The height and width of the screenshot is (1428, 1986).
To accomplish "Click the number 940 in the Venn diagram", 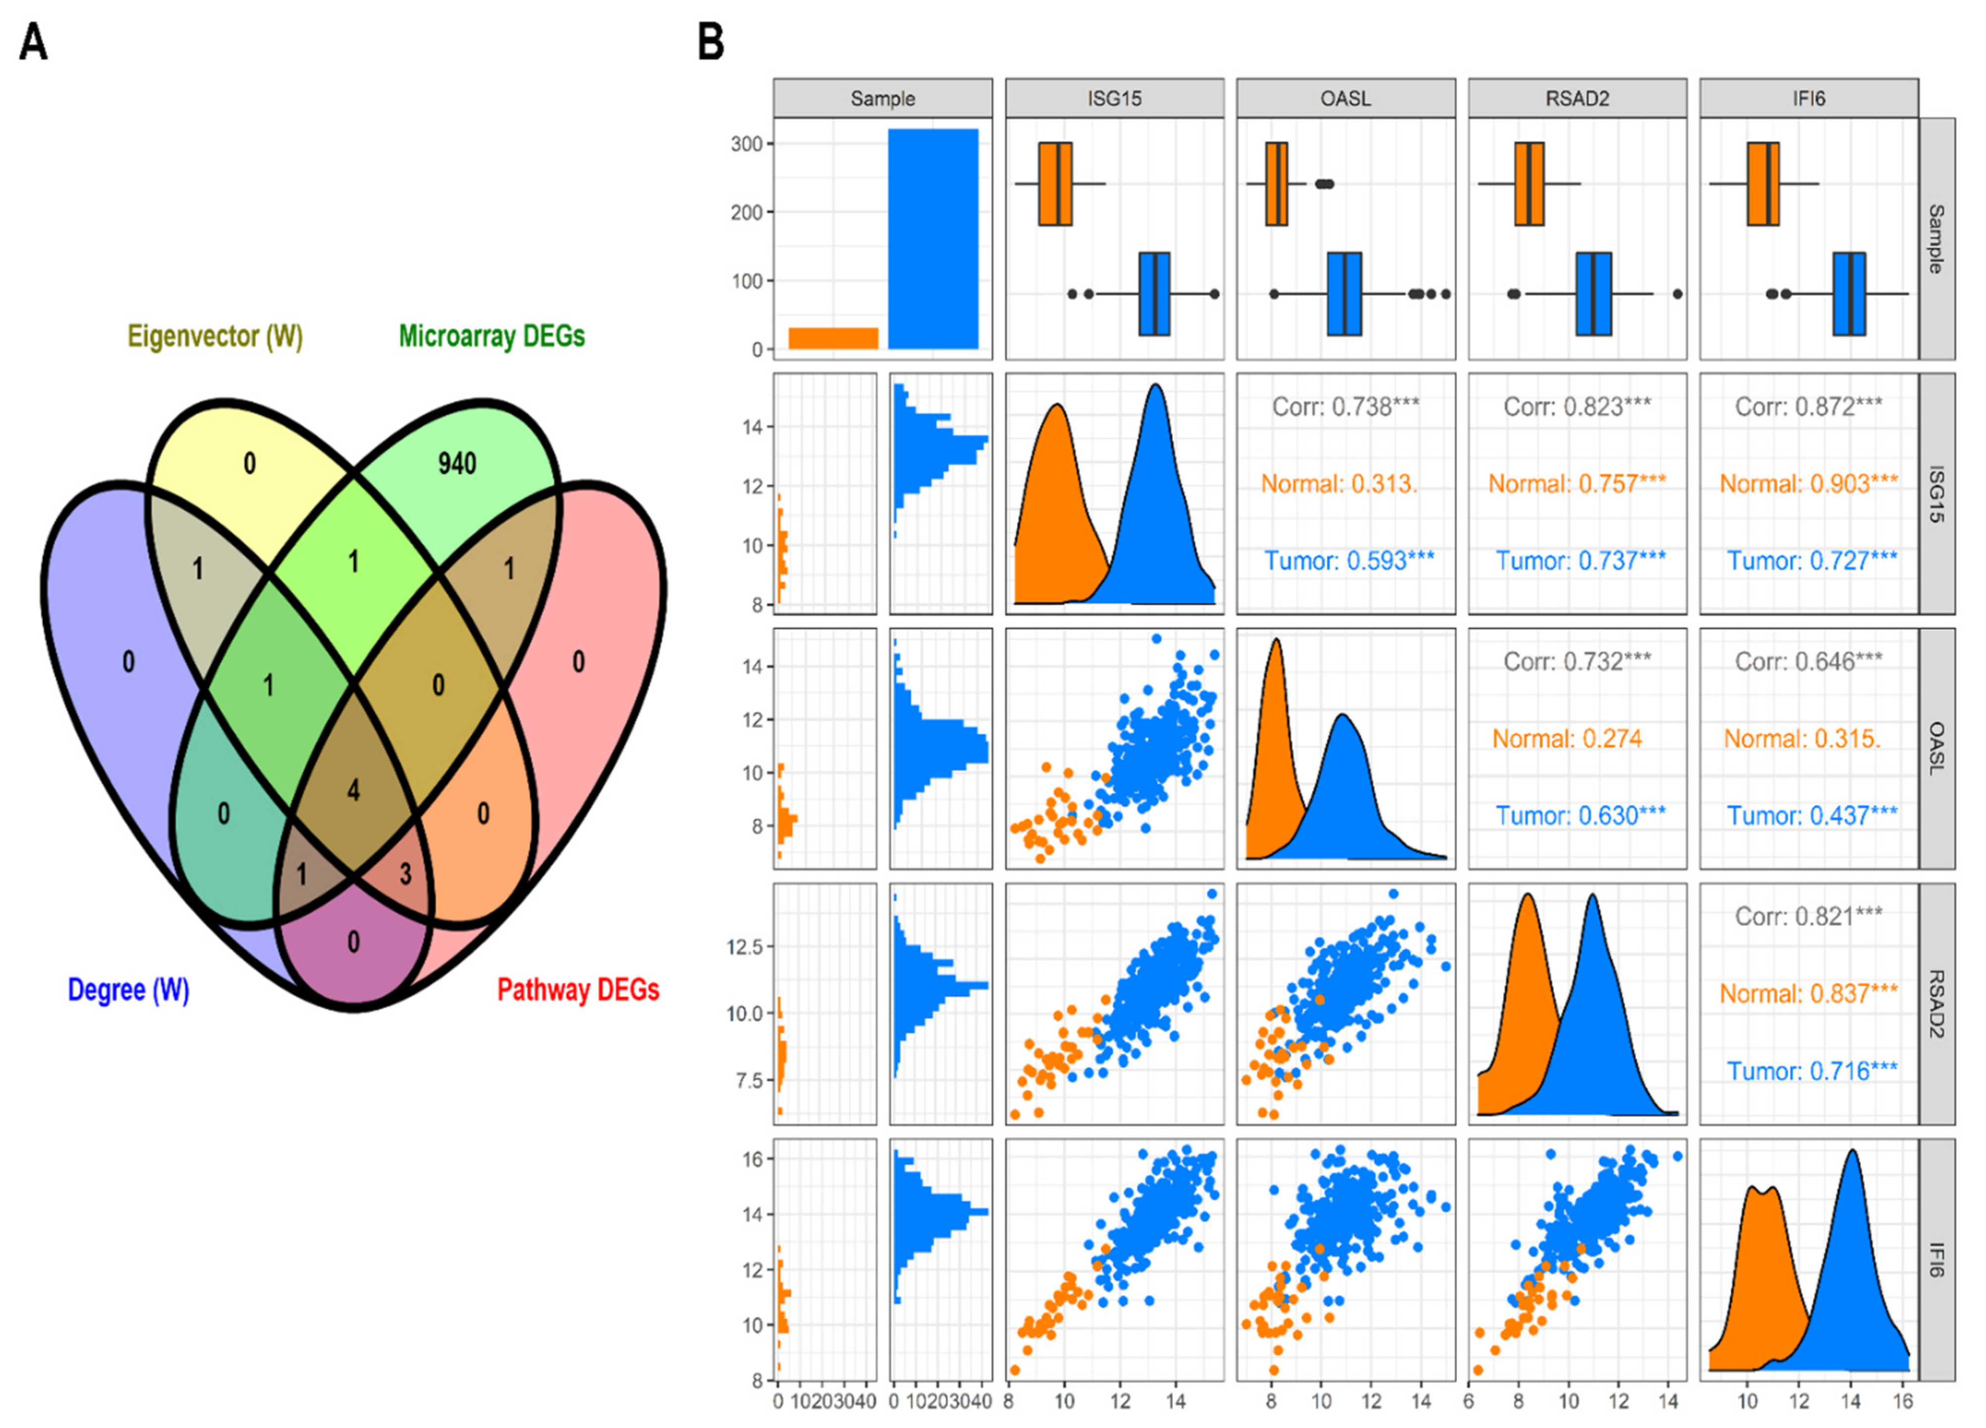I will click(457, 463).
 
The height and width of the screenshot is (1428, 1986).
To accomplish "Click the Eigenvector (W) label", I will click(215, 336).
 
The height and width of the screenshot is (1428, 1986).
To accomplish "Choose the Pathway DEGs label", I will click(578, 990).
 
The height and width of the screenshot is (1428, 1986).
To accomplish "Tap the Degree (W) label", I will click(129, 990).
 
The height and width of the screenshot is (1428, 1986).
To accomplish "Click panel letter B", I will click(711, 42).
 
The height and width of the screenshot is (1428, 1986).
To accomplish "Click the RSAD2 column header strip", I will click(1577, 98).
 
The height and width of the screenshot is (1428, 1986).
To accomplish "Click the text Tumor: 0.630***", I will click(1580, 816).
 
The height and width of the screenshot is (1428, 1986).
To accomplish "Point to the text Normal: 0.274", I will click(1567, 739).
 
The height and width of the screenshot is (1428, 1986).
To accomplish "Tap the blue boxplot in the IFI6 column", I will click(1849, 294).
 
